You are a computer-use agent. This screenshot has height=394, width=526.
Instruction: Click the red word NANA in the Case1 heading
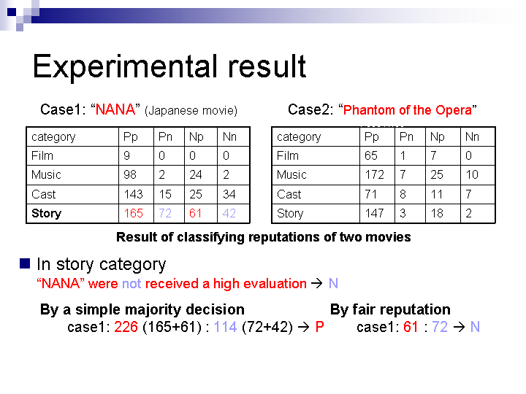(x=115, y=109)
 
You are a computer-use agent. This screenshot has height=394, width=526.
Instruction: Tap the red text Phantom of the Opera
(x=408, y=110)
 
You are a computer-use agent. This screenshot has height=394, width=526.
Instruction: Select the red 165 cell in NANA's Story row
(x=134, y=213)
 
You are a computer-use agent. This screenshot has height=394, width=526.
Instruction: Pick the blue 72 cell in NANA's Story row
(x=165, y=213)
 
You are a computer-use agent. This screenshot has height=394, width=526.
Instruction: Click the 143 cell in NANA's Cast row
(x=134, y=194)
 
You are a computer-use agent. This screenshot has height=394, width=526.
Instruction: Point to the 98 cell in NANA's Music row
(x=130, y=174)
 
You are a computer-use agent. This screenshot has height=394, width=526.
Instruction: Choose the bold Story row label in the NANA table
(x=46, y=213)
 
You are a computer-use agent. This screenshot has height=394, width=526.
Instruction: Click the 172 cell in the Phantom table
(x=374, y=174)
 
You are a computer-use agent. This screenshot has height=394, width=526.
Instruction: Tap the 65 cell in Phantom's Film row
(x=371, y=155)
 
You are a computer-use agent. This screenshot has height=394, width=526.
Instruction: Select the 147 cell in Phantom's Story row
(x=374, y=213)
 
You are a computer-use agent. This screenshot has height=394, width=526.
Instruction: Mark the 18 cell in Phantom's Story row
(x=437, y=213)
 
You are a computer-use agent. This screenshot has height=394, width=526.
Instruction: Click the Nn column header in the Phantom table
(x=472, y=136)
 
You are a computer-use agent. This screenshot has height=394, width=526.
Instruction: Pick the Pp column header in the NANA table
(x=131, y=137)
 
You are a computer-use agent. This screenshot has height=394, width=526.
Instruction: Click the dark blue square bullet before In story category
(x=25, y=263)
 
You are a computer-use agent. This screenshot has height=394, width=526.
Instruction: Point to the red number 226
(x=126, y=327)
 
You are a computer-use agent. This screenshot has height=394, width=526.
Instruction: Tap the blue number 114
(x=226, y=327)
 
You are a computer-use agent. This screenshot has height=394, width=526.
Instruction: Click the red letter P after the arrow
(x=320, y=327)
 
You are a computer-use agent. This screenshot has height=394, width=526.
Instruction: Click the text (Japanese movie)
(x=191, y=111)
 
